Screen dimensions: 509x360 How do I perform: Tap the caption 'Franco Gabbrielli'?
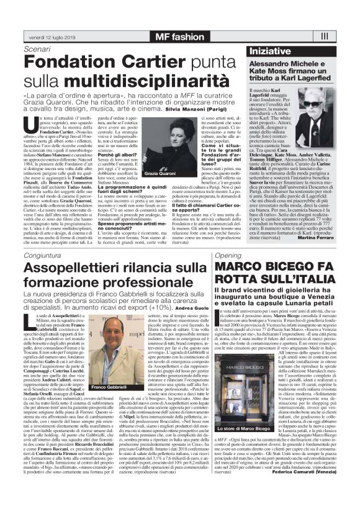tap(107, 387)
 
